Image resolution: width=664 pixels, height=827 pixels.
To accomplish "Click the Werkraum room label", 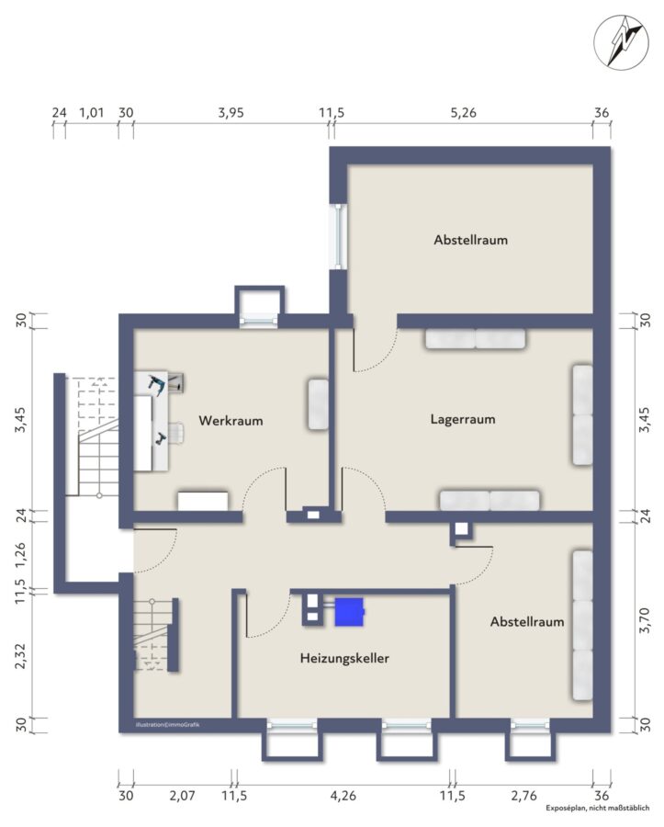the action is (231, 420).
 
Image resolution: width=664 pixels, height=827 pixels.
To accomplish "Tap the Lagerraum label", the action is (463, 419).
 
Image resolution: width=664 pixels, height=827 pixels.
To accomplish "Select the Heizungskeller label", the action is (344, 658).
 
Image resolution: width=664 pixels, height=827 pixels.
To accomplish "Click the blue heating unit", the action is (349, 612).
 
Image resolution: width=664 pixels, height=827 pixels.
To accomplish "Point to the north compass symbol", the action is (621, 41).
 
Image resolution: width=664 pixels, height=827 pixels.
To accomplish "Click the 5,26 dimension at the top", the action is (463, 113).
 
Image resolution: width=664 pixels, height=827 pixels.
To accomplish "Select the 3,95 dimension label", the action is (231, 113).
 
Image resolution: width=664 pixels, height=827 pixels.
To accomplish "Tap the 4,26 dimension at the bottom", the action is (343, 796).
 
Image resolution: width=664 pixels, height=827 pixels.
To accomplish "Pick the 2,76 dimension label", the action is (523, 796).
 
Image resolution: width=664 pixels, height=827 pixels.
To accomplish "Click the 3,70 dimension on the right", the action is (645, 620).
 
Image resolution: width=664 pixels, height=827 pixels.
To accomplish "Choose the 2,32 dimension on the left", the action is (20, 655).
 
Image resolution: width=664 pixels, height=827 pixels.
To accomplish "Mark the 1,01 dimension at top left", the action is (92, 113).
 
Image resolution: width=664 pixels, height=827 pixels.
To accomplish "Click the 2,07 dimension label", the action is (183, 796).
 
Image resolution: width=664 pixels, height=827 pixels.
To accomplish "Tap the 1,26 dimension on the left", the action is (20, 555).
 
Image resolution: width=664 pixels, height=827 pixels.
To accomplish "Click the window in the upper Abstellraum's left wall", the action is (338, 236).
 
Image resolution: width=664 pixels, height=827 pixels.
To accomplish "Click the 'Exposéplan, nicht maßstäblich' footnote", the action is (598, 809).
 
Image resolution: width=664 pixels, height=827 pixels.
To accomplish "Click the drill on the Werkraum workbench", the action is (156, 384).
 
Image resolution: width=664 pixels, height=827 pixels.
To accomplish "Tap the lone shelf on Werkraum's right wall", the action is (318, 404).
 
